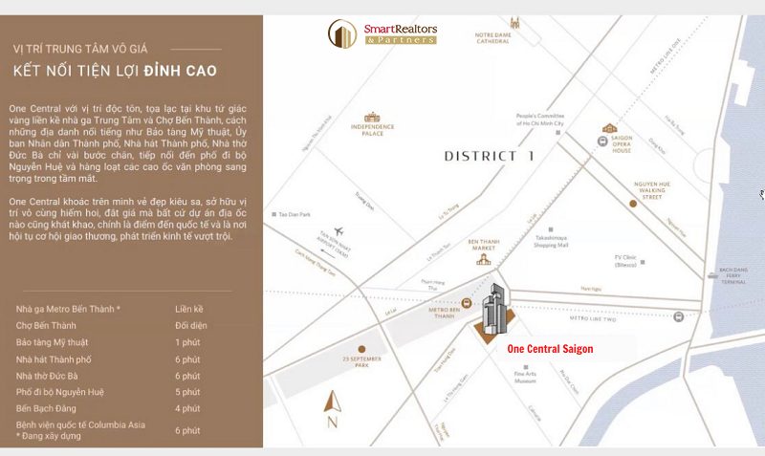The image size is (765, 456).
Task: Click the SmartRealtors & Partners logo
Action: click(382, 34)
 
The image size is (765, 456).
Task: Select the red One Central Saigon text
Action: click(550, 350)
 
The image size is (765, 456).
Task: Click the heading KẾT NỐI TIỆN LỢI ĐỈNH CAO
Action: click(115, 71)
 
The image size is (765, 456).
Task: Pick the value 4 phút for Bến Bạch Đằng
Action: click(187, 408)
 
